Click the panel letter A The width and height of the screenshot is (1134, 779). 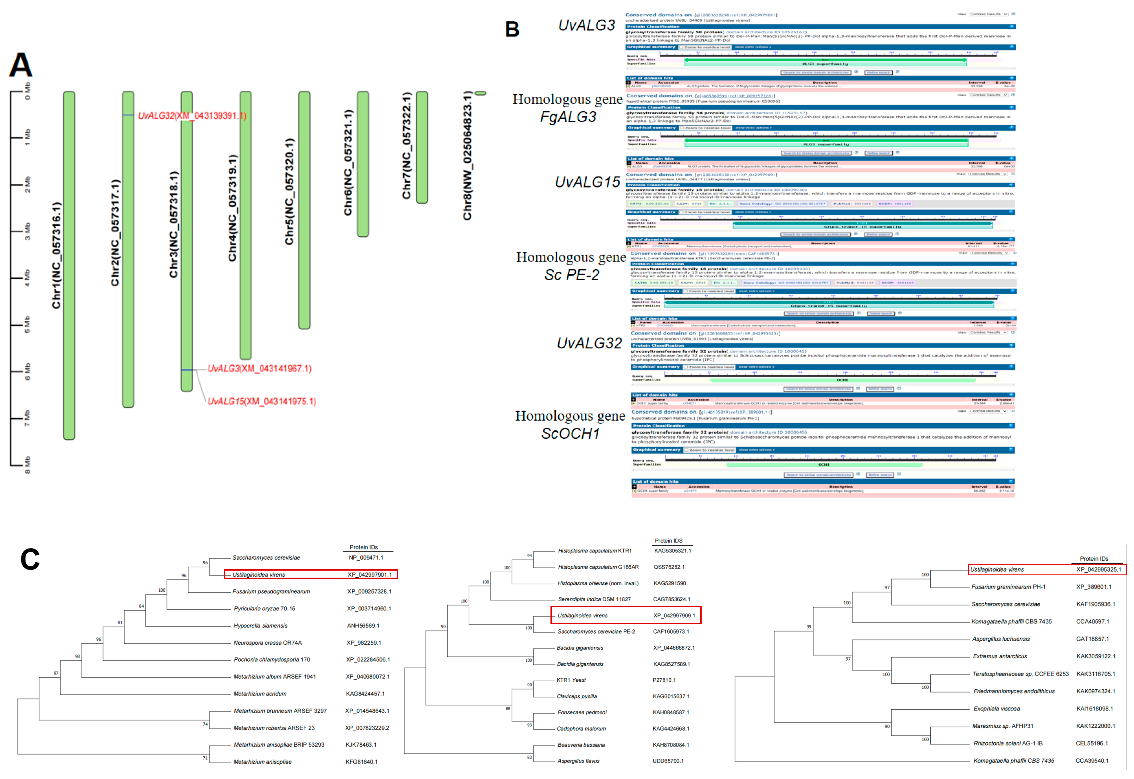coord(21,65)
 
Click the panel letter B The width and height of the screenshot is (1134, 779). coord(512,29)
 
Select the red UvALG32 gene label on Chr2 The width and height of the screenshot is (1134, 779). coord(192,116)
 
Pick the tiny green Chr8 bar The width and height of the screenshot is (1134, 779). coord(481,93)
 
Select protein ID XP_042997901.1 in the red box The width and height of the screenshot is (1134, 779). coord(369,574)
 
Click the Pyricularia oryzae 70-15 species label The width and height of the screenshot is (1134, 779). coord(264,609)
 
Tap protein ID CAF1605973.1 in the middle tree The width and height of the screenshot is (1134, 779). coord(671,632)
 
